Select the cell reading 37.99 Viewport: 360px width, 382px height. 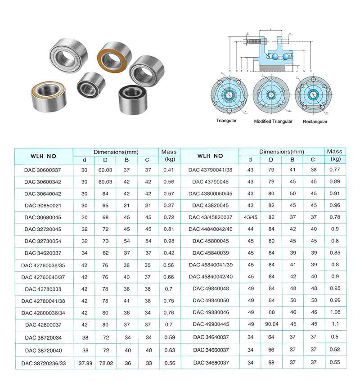pyautogui.click(x=84, y=363)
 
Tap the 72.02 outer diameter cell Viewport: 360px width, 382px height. pyautogui.click(x=105, y=363)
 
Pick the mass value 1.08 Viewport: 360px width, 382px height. pyautogui.click(x=335, y=312)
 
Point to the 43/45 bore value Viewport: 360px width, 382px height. pyautogui.click(x=250, y=217)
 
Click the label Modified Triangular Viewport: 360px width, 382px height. pyautogui.click(x=273, y=121)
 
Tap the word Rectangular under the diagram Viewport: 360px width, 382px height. pyautogui.click(x=315, y=121)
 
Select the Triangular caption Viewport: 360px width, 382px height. pyautogui.click(x=226, y=121)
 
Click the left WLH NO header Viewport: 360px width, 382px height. pyautogui.click(x=43, y=156)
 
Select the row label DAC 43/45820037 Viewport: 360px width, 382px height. pyautogui.click(x=210, y=217)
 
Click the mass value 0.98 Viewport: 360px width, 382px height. pyautogui.click(x=169, y=240)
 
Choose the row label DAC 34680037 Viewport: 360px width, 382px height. pyautogui.click(x=210, y=362)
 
